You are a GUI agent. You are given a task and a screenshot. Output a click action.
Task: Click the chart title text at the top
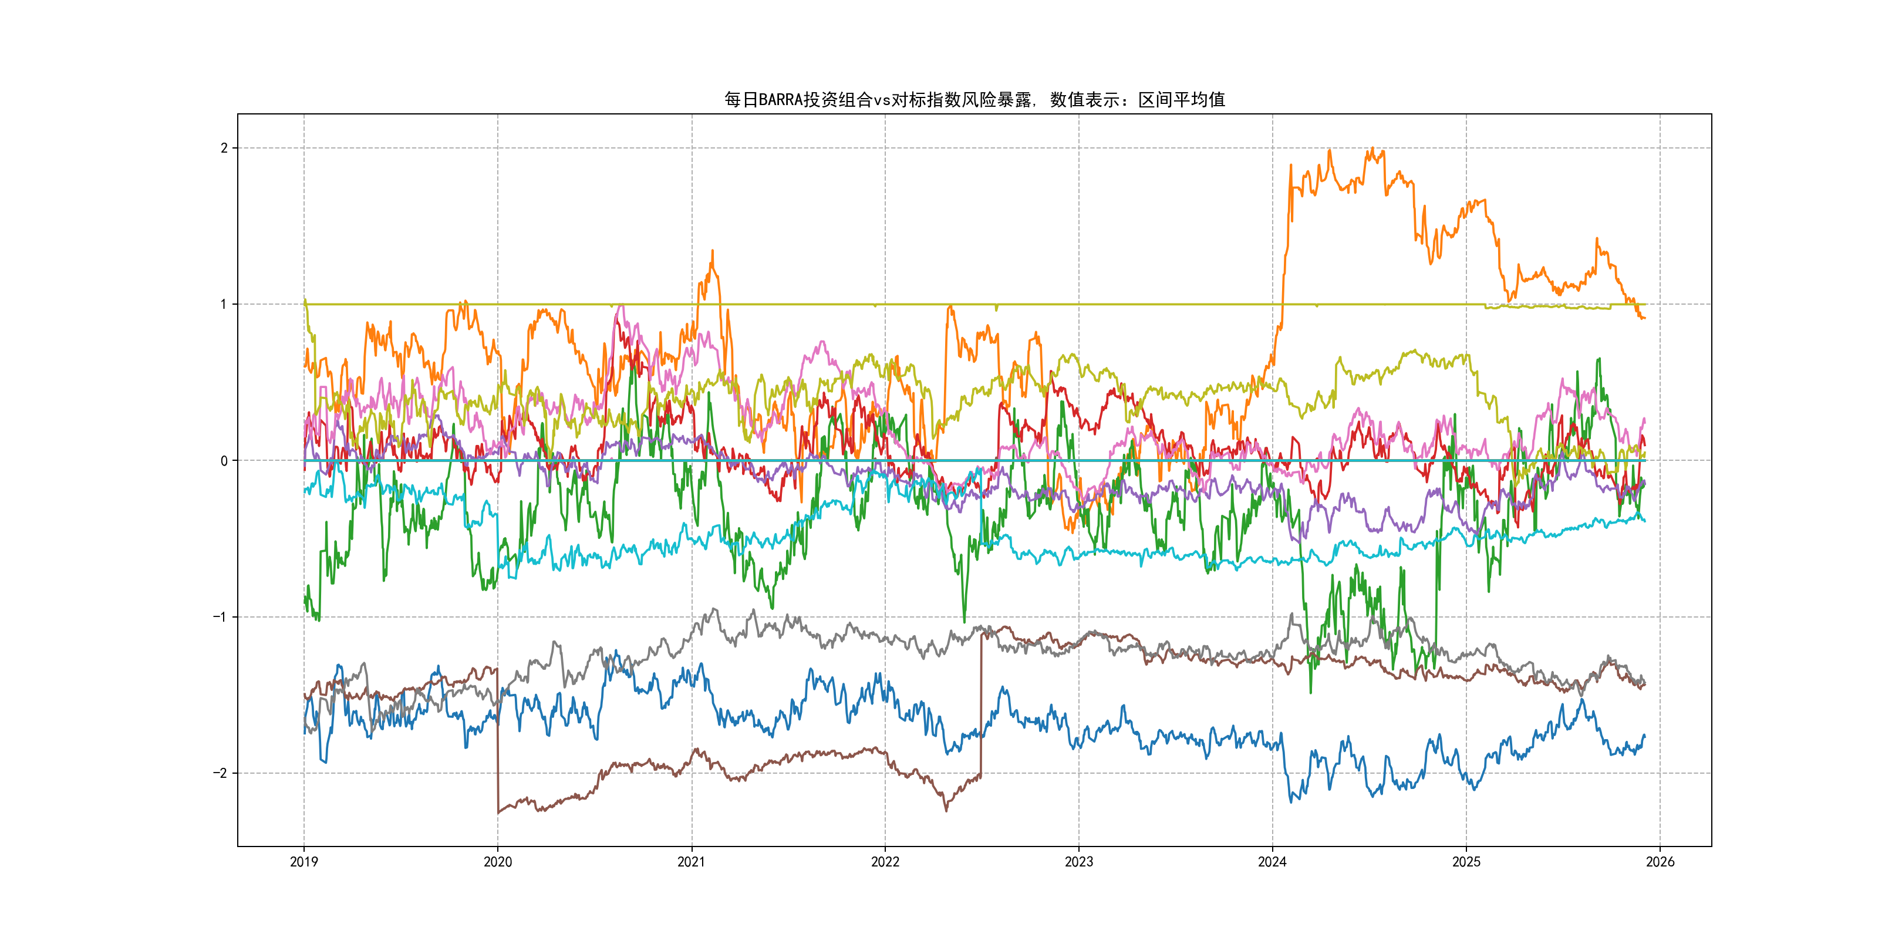[x=974, y=100]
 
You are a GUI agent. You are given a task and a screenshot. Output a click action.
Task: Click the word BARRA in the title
[x=780, y=100]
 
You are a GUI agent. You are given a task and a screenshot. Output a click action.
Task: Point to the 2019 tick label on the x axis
[x=303, y=862]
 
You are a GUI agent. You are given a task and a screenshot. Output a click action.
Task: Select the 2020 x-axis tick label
[x=498, y=862]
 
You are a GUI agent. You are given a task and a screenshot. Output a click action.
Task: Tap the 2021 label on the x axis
[x=691, y=862]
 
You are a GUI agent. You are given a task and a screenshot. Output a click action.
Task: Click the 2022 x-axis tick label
[x=885, y=862]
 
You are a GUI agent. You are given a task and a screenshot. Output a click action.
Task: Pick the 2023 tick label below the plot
[x=1079, y=862]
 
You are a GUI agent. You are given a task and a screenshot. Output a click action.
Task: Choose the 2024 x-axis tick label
[x=1272, y=862]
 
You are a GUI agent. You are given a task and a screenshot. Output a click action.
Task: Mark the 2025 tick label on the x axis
[x=1466, y=862]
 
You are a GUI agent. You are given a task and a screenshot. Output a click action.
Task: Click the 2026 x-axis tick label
[x=1660, y=862]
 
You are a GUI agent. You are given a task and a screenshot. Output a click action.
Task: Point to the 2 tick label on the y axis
[x=224, y=148]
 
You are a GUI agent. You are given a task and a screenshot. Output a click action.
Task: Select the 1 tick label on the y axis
[x=224, y=304]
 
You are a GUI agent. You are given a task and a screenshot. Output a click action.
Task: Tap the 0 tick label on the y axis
[x=224, y=461]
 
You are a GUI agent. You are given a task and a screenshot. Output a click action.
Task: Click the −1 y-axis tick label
[x=220, y=617]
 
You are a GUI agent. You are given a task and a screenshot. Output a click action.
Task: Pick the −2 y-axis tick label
[x=220, y=773]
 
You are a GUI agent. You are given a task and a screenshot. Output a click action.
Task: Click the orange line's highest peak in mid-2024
[x=1372, y=149]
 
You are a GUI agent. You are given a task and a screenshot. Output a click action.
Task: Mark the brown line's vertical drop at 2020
[x=498, y=738]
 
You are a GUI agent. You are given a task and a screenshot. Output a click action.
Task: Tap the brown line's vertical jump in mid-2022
[x=982, y=702]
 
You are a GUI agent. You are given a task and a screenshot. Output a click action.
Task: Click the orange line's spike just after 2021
[x=713, y=251]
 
